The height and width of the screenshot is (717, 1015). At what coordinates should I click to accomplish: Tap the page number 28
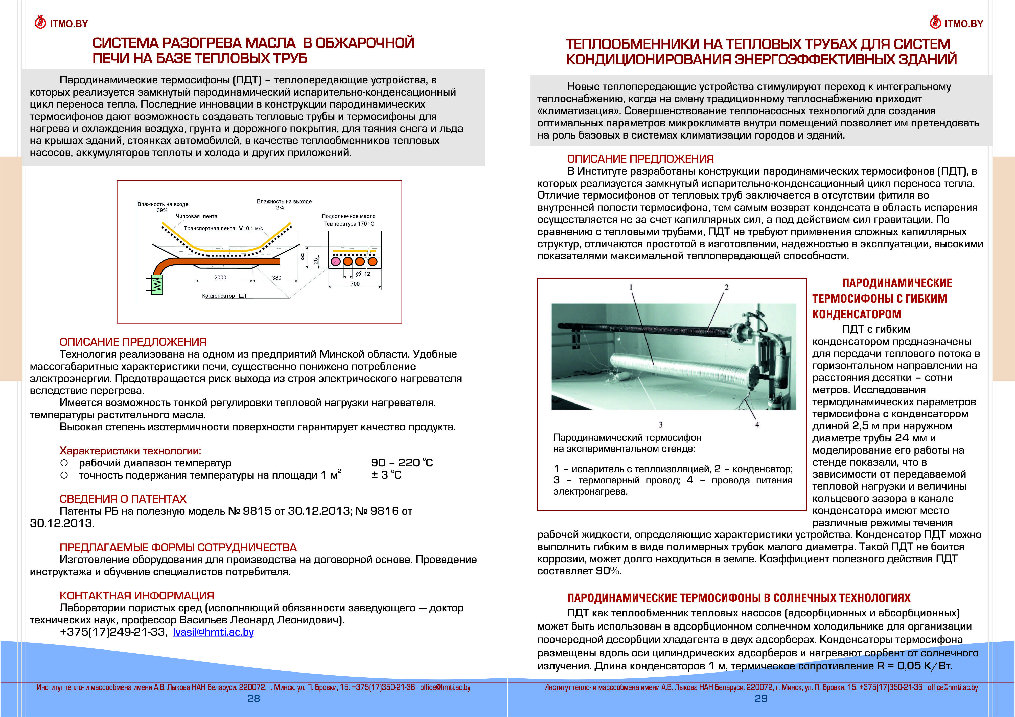tap(253, 699)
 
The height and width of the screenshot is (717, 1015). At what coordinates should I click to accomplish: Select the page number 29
tap(761, 699)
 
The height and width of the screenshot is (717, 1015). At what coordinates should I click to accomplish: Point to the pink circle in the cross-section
tap(336, 261)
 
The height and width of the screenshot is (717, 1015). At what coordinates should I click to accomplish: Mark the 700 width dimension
tap(355, 284)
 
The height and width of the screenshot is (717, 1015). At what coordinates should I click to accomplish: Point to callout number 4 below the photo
tap(757, 425)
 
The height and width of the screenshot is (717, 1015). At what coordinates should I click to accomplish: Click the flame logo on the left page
tap(40, 23)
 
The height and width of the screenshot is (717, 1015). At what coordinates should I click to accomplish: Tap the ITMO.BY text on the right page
tap(964, 24)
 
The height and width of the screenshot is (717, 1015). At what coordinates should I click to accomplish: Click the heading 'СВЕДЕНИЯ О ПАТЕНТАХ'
tap(123, 499)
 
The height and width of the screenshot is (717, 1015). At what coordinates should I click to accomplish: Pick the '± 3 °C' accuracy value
tap(386, 475)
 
